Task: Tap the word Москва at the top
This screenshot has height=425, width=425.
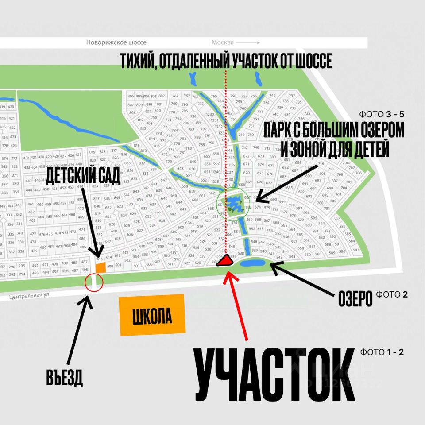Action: [222, 42]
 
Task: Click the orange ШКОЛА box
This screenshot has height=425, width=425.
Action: [152, 315]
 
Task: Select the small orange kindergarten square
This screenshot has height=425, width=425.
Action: [100, 267]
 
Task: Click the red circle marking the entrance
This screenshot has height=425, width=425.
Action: [93, 282]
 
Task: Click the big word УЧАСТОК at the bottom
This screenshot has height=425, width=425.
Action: [274, 374]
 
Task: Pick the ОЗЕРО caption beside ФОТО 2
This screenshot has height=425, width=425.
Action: [355, 299]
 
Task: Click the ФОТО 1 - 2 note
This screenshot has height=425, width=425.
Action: [382, 352]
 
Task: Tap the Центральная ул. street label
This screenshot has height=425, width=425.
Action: [28, 298]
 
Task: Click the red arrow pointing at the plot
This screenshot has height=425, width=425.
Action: [237, 305]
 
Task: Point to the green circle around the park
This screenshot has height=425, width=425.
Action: [230, 204]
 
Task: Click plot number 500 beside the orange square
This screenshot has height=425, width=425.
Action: [110, 266]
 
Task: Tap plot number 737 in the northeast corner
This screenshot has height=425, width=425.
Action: [292, 96]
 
